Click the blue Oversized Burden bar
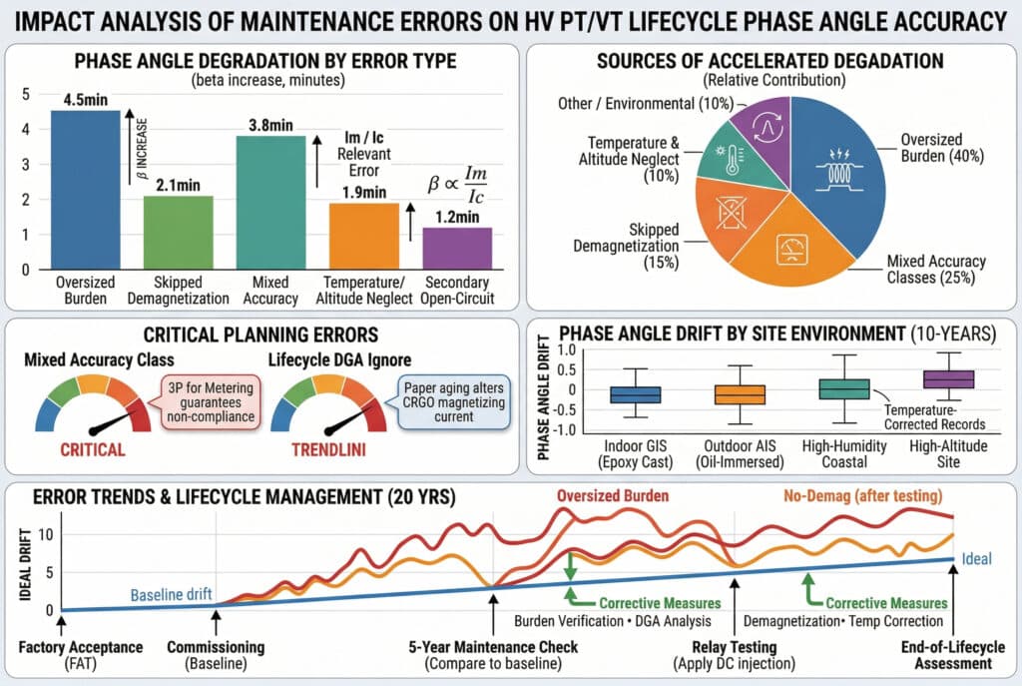[85, 190]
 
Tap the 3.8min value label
[270, 125]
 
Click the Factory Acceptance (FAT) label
[67, 655]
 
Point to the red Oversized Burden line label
[614, 493]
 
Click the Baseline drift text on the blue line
[172, 594]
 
